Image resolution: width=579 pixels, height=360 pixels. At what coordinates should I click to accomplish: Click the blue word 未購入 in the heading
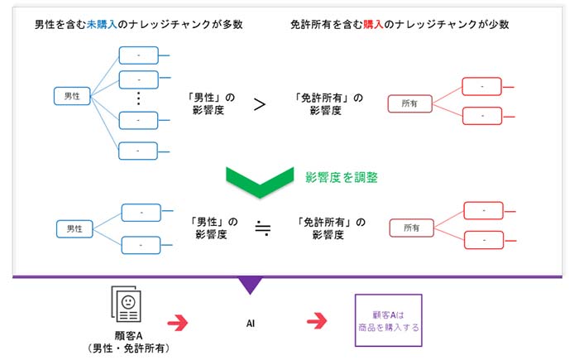click(102, 24)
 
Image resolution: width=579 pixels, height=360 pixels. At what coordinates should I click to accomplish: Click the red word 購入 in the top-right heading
click(373, 24)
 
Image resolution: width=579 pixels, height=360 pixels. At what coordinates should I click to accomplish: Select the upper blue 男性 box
click(72, 96)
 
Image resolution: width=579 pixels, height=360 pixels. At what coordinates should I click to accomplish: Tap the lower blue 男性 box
click(74, 228)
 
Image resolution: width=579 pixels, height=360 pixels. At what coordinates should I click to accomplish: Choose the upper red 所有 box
click(410, 103)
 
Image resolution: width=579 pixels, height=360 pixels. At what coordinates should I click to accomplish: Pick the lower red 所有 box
click(412, 228)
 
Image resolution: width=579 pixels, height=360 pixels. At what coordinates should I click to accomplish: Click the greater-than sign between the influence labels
click(260, 104)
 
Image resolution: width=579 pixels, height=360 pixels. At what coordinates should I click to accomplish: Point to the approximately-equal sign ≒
click(263, 228)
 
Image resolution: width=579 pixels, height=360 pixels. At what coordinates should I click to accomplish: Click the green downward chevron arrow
click(260, 182)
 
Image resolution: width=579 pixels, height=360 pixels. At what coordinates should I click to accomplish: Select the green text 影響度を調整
click(342, 178)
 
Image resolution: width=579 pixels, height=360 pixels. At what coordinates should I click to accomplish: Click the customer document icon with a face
click(127, 304)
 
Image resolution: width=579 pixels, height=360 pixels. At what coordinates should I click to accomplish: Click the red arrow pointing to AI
click(178, 323)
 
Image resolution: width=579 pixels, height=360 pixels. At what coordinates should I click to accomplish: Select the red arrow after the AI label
click(317, 320)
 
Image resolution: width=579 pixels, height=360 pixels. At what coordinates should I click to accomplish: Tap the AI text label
click(251, 324)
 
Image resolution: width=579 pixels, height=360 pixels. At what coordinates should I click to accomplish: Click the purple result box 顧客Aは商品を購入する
click(389, 320)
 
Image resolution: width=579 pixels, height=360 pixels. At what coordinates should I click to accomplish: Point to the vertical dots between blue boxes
click(138, 98)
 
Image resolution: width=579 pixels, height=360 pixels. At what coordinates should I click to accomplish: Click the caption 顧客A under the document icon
click(128, 336)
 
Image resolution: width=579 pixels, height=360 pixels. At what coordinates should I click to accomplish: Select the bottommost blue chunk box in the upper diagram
click(138, 151)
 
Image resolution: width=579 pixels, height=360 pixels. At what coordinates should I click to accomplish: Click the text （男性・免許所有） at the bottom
click(128, 348)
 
